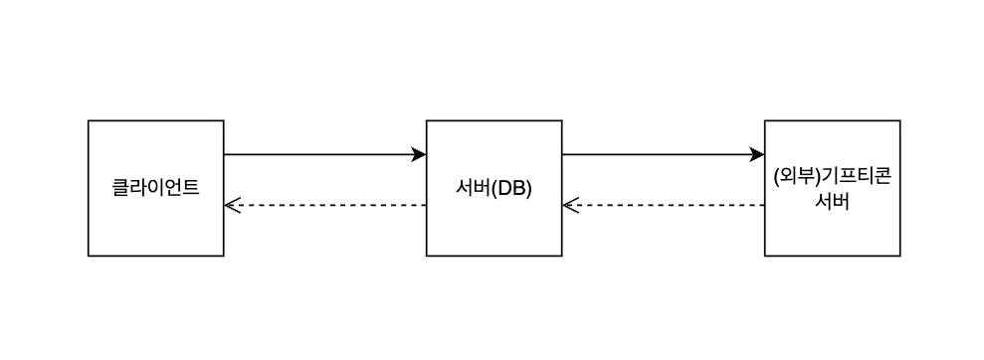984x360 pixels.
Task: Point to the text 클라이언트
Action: (156, 187)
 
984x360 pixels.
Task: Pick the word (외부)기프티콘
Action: (832, 177)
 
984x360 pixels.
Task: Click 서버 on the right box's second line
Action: (832, 199)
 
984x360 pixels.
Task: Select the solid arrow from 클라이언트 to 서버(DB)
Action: (318, 154)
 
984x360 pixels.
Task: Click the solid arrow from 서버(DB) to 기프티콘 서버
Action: (657, 154)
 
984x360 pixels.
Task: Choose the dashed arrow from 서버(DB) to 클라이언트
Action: (328, 205)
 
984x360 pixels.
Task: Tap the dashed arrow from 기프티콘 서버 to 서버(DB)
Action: (667, 205)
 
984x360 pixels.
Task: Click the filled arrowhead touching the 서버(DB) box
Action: (419, 154)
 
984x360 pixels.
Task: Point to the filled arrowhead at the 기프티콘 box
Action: (757, 154)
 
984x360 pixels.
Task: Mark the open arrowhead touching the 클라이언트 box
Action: (232, 205)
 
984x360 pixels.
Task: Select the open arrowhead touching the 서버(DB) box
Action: (570, 205)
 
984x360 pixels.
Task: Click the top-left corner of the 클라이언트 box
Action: (89, 121)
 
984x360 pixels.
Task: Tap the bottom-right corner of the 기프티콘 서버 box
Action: (899, 256)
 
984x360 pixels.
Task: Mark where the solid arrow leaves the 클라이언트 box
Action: (225, 154)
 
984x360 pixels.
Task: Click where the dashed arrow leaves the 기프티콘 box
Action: (764, 205)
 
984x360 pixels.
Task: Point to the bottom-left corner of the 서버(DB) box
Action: (427, 256)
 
